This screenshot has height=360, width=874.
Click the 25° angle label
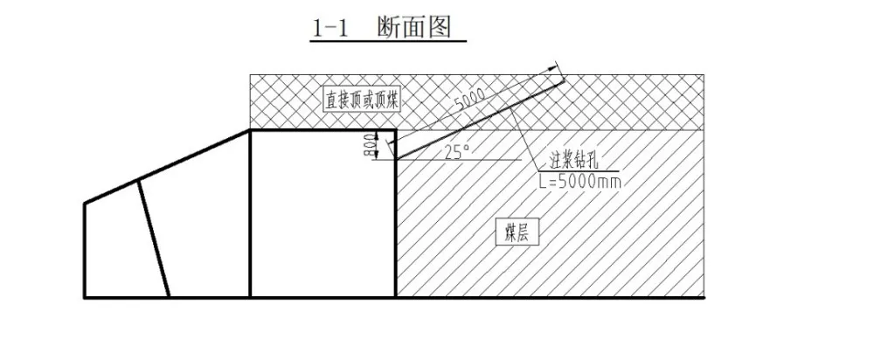coord(457,151)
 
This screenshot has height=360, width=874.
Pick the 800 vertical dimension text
coord(366,146)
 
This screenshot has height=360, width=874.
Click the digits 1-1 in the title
coord(330,29)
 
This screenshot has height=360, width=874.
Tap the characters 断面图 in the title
coord(414,28)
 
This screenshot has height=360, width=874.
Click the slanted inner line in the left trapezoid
coord(154,238)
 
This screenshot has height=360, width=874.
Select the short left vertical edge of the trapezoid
coord(84,250)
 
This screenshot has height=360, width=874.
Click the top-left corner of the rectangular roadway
coord(251,131)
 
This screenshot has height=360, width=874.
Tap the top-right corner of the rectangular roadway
coord(395,131)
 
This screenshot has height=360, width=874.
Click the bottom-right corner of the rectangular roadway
coord(395,298)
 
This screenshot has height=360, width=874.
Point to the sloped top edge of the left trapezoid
coord(166,167)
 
